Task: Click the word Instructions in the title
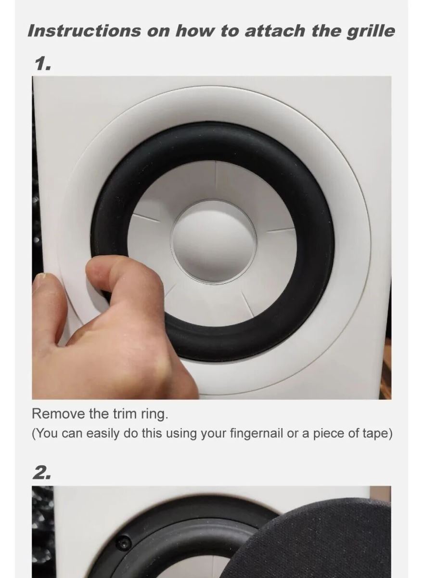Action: (84, 31)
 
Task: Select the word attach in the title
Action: (275, 31)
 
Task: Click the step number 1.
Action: (43, 64)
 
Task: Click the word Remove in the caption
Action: (59, 414)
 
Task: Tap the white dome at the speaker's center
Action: (213, 242)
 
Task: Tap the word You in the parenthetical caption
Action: (49, 433)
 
